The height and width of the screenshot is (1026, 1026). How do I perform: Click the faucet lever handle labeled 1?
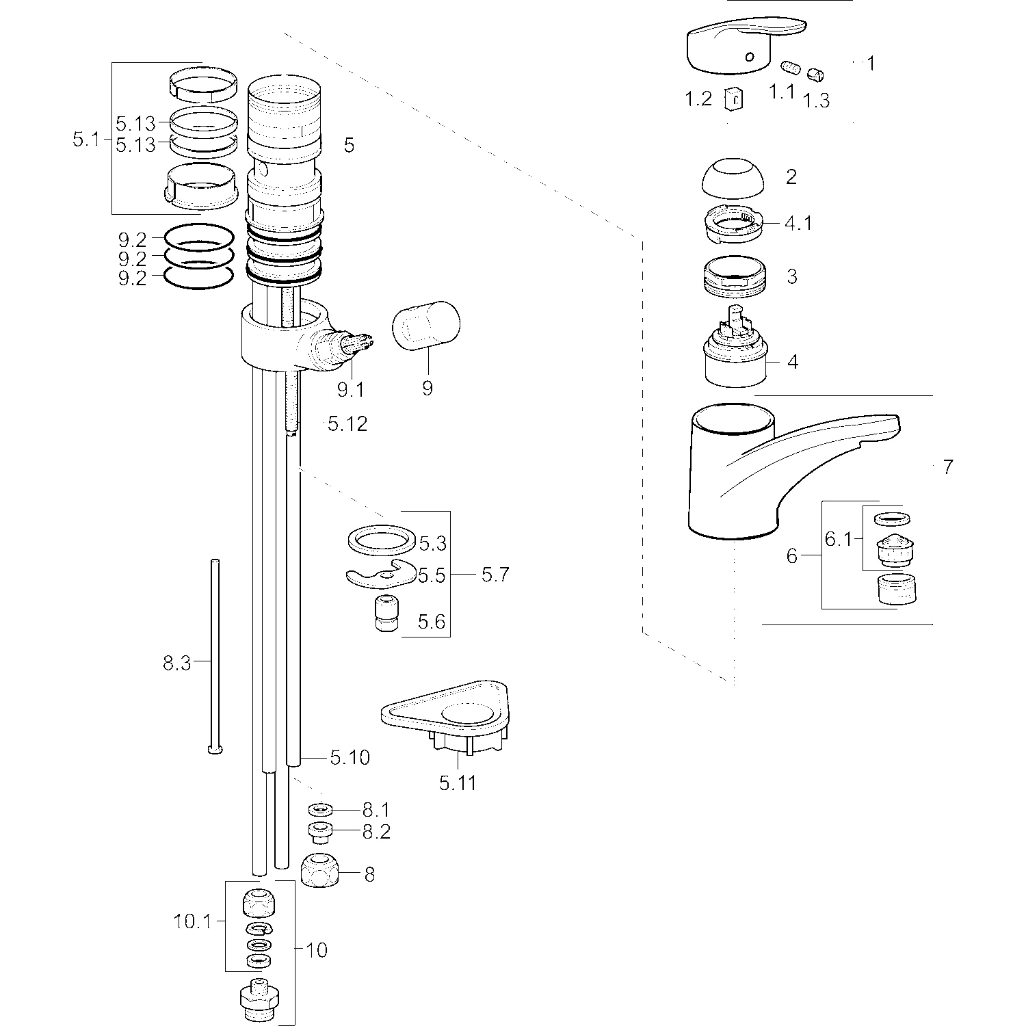pyautogui.click(x=739, y=44)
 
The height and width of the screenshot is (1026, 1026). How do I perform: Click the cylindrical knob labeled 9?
pyautogui.click(x=426, y=326)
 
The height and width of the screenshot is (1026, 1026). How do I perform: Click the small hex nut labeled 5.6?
pyautogui.click(x=384, y=614)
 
